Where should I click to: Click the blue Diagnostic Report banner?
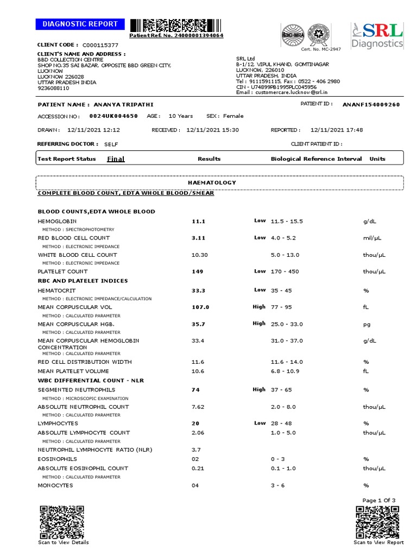coord(80,24)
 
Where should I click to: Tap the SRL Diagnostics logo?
coord(377,36)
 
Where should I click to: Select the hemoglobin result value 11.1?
coord(198,222)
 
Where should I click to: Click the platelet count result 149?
coord(197,271)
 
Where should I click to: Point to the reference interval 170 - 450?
coord(286,271)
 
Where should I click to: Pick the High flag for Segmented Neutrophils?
coord(259,389)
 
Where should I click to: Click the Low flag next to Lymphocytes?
coord(260,423)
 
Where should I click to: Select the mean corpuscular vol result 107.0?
coord(200,307)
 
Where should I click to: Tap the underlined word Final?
coord(116,159)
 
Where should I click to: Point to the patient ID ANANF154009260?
coord(371,104)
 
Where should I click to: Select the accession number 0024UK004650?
coord(113,116)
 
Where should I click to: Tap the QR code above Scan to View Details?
coord(61,521)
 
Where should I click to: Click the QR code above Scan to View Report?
coord(378,521)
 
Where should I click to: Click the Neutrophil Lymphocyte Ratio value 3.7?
coord(197,450)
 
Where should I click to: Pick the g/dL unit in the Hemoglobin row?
coord(370,222)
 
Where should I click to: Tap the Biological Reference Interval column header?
coord(316,159)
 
